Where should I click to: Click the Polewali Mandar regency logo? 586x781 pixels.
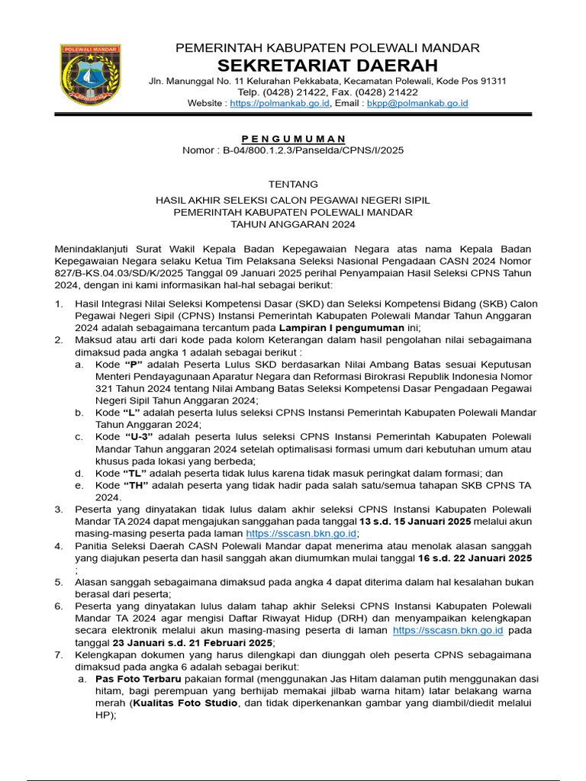pyautogui.click(x=91, y=74)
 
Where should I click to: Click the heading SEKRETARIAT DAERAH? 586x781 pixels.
pyautogui.click(x=328, y=65)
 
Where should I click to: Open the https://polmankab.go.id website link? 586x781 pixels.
pyautogui.click(x=279, y=103)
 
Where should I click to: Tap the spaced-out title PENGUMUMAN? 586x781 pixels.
pyautogui.click(x=293, y=139)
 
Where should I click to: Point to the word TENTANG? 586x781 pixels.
pyautogui.click(x=293, y=184)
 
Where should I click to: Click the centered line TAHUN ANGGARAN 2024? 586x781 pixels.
pyautogui.click(x=293, y=224)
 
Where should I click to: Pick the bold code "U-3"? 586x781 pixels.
pyautogui.click(x=139, y=436)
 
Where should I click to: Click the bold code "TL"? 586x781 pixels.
pyautogui.click(x=137, y=473)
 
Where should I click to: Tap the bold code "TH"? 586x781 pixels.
pyautogui.click(x=137, y=485)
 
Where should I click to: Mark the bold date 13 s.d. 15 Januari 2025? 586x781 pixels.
pyautogui.click(x=414, y=522)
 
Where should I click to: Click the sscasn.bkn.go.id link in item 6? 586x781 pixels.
pyautogui.click(x=448, y=631)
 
